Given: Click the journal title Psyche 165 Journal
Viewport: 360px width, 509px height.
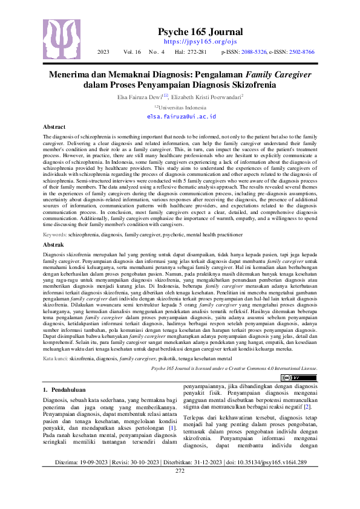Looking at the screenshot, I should [200, 32].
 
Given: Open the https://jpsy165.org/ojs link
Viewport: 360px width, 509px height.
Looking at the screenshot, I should [200, 42].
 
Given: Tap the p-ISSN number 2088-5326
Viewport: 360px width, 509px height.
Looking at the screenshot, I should [249, 53].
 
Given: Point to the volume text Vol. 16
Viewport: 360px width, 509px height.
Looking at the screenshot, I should [132, 53].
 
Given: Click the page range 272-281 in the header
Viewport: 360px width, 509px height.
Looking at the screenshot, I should [196, 53].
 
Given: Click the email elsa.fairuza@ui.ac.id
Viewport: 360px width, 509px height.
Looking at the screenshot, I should [181, 115].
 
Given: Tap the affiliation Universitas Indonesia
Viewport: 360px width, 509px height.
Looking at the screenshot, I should [182, 106].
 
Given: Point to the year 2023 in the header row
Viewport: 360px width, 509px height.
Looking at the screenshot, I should [103, 53].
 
